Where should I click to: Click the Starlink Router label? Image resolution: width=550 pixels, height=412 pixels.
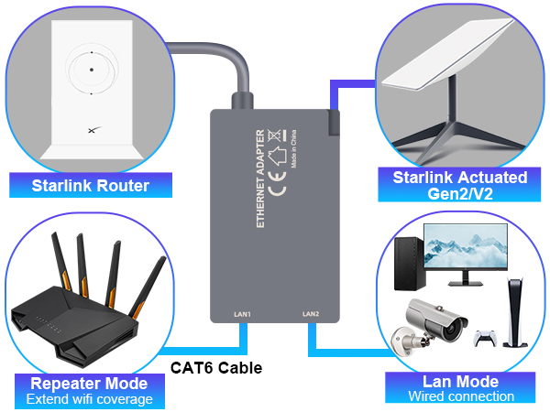tap(90, 187)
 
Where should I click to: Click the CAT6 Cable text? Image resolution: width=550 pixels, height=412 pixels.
tap(217, 369)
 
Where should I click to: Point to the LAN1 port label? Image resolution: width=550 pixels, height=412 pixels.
tap(243, 314)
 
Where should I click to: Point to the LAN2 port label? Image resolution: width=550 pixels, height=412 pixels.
tap(311, 314)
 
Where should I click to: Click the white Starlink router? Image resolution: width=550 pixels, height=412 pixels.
tap(92, 87)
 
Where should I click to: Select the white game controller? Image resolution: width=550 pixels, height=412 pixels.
tap(485, 337)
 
